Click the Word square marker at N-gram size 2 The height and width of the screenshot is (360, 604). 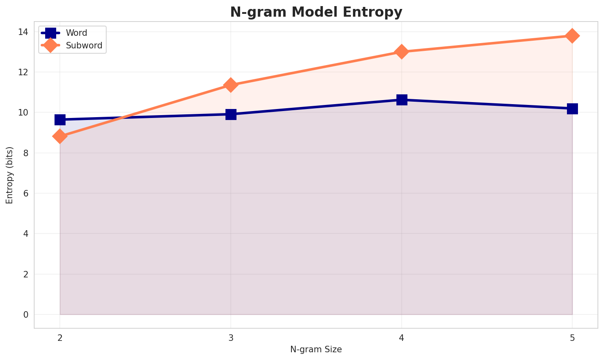(60, 120)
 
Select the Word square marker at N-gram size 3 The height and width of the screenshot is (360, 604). (231, 114)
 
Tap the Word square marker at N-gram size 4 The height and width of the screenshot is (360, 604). (402, 100)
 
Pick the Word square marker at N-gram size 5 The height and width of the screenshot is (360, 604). (572, 109)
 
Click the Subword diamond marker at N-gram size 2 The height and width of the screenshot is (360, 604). (60, 136)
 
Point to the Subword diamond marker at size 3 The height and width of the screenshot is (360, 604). (231, 85)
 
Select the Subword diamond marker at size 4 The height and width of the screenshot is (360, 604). (402, 52)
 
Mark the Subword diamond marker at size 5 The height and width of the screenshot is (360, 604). (572, 36)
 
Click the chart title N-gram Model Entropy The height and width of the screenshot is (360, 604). (316, 12)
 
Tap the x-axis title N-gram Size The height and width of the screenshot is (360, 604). (316, 349)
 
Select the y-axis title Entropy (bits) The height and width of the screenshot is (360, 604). (9, 175)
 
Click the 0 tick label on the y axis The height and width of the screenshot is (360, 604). (26, 315)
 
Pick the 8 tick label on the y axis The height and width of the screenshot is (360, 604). (26, 153)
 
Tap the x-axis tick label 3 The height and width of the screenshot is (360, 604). (231, 337)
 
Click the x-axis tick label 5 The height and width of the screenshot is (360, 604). (572, 337)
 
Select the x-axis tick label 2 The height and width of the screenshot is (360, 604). (60, 337)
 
